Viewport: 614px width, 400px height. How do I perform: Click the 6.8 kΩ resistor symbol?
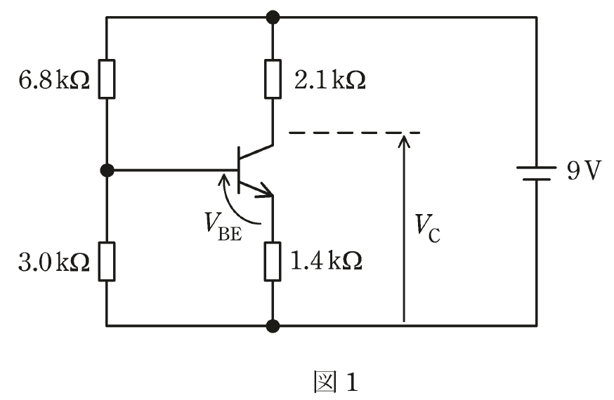tap(107, 79)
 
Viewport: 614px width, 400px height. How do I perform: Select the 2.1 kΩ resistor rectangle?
tap(273, 79)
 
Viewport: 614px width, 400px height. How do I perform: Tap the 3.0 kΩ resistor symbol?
tap(107, 261)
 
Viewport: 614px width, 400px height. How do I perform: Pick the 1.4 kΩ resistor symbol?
tap(273, 261)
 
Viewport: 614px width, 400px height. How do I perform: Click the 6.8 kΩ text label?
tap(54, 80)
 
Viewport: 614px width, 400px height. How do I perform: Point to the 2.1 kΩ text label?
tap(329, 80)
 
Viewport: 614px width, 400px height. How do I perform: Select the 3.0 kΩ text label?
tap(54, 262)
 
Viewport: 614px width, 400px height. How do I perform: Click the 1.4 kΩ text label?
tap(326, 261)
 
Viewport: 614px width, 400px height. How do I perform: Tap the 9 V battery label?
tap(584, 171)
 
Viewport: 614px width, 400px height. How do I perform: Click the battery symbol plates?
tap(537, 173)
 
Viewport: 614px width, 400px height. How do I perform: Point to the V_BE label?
tap(223, 227)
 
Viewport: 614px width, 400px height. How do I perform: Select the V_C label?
tap(428, 229)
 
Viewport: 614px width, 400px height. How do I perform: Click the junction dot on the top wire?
tap(273, 18)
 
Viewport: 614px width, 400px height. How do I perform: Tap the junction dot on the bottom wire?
tap(273, 326)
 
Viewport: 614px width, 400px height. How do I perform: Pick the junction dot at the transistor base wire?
tap(107, 171)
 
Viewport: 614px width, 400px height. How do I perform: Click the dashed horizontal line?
tap(354, 133)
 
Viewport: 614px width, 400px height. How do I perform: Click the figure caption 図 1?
tap(336, 382)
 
